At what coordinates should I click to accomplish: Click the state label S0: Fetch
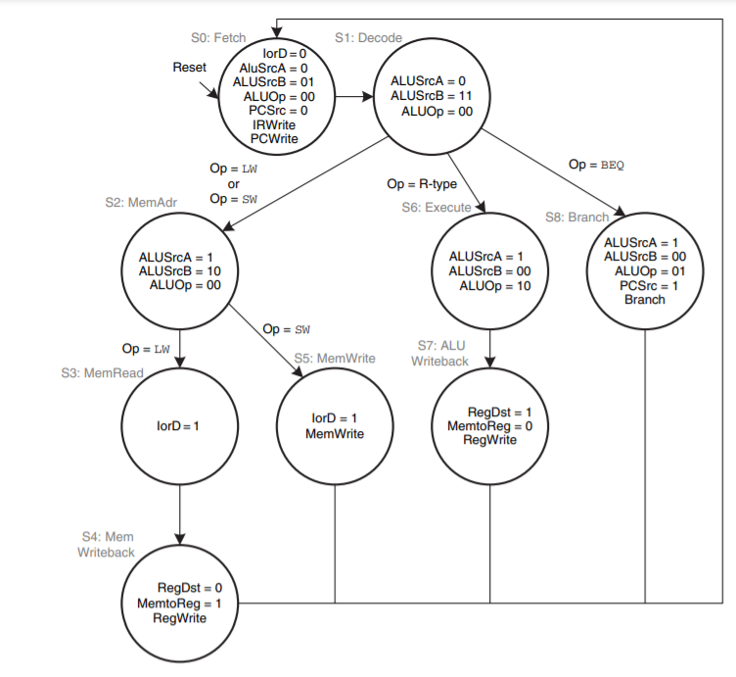tap(218, 37)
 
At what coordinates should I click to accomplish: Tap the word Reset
tap(190, 68)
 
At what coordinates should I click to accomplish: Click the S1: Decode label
tap(368, 37)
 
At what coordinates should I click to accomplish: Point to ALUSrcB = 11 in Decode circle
tap(431, 96)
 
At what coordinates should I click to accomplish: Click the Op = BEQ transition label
tap(596, 164)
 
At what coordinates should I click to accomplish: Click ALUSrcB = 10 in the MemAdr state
tap(180, 270)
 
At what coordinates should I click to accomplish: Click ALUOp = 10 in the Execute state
tap(493, 286)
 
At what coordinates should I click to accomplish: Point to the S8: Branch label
tap(577, 217)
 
